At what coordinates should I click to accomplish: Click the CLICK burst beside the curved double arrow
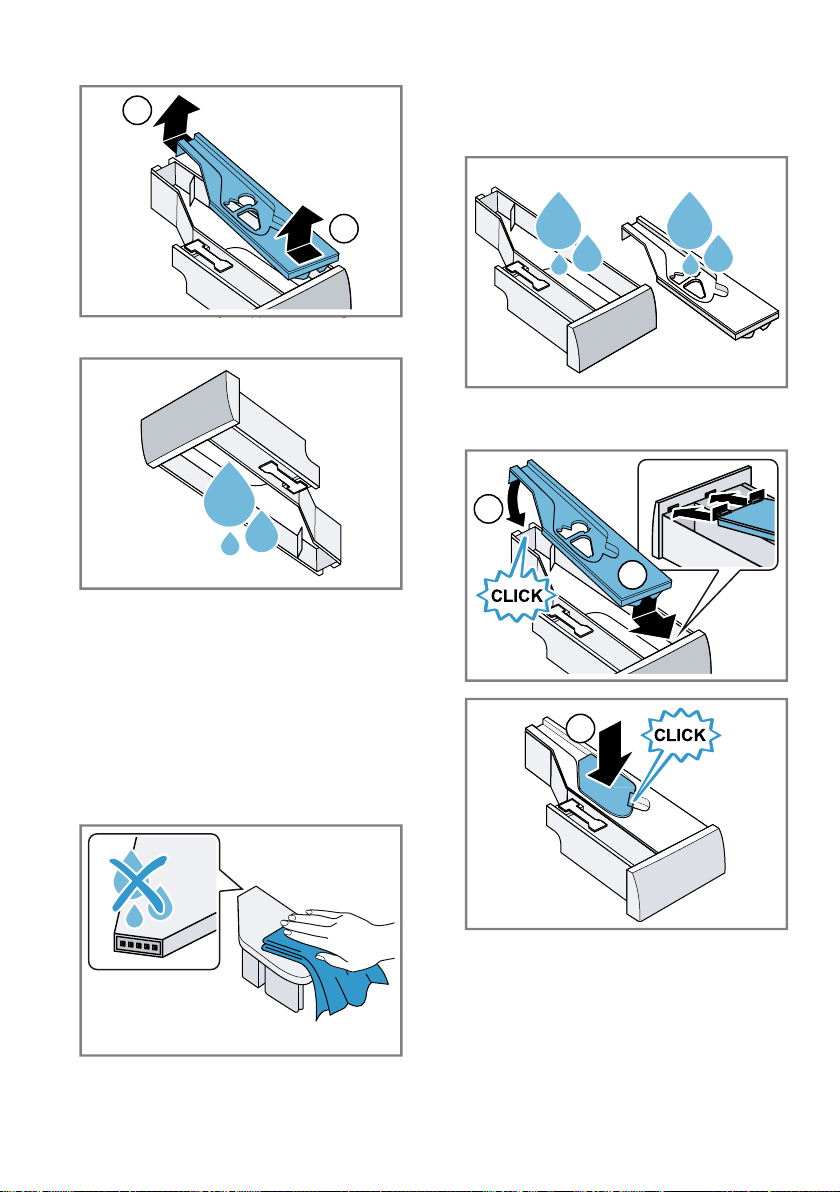(x=517, y=595)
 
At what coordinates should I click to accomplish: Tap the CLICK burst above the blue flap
(x=680, y=735)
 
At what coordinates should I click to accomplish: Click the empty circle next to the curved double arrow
(x=487, y=509)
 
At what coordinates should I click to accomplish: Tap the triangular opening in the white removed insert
(x=694, y=287)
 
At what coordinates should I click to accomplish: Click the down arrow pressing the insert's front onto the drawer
(x=650, y=616)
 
